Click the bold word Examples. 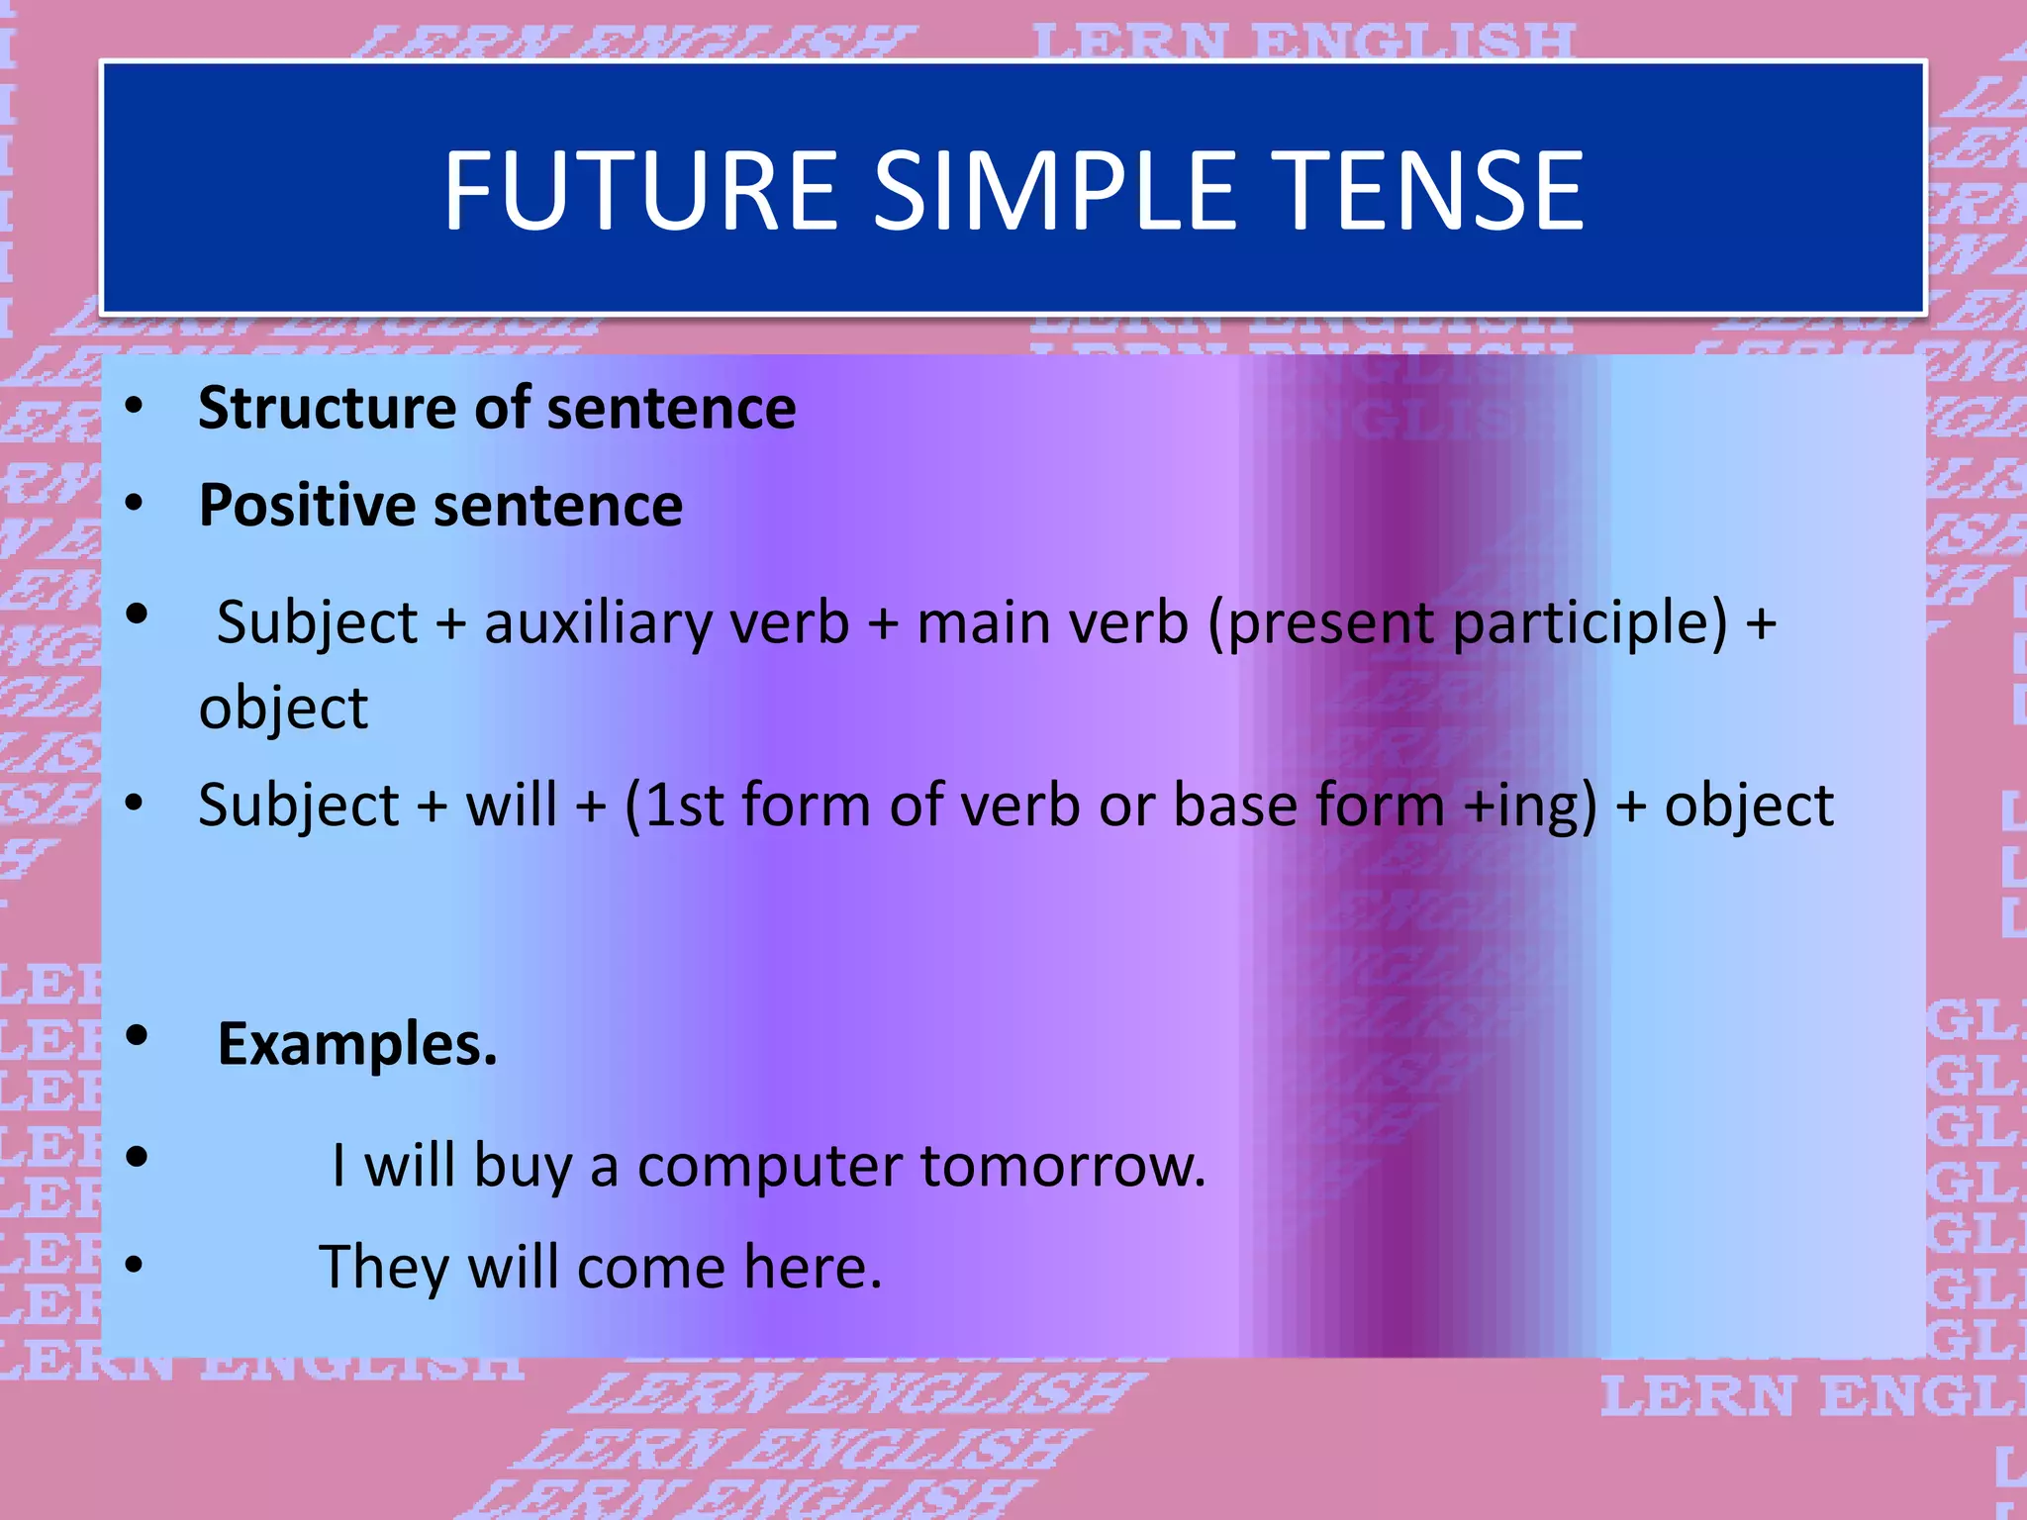(x=357, y=1044)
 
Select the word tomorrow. (x=1064, y=1166)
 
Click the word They (x=384, y=1268)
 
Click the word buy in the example (x=523, y=1167)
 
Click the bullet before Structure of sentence (x=135, y=407)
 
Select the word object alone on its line (x=283, y=709)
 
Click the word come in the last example (x=651, y=1268)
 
